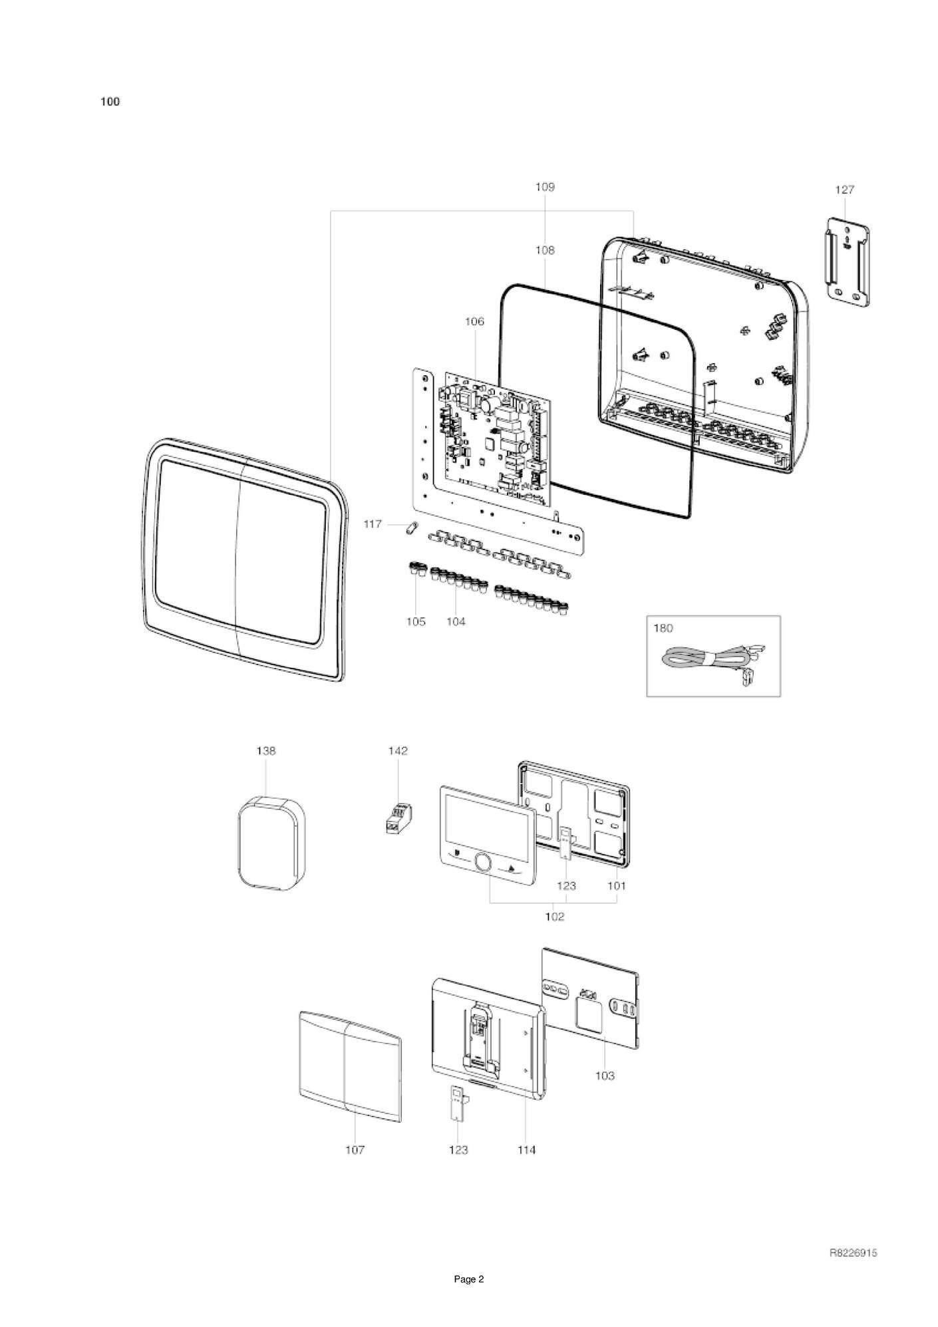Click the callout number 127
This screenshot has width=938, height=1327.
[844, 190]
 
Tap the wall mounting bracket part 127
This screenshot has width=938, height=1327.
[845, 262]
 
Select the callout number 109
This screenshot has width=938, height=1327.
[545, 187]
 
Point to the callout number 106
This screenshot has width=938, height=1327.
[474, 321]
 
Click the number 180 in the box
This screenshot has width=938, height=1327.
[663, 628]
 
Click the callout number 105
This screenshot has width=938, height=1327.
[416, 622]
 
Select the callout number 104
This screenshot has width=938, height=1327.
[456, 622]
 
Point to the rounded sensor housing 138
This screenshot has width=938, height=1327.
[271, 841]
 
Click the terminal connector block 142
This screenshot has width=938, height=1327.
[398, 818]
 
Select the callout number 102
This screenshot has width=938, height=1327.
[554, 917]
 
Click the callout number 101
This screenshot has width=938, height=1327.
[617, 886]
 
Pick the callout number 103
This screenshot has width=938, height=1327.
[605, 1076]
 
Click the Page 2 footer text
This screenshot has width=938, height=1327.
[469, 1298]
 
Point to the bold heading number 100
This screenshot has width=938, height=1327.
[110, 102]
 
